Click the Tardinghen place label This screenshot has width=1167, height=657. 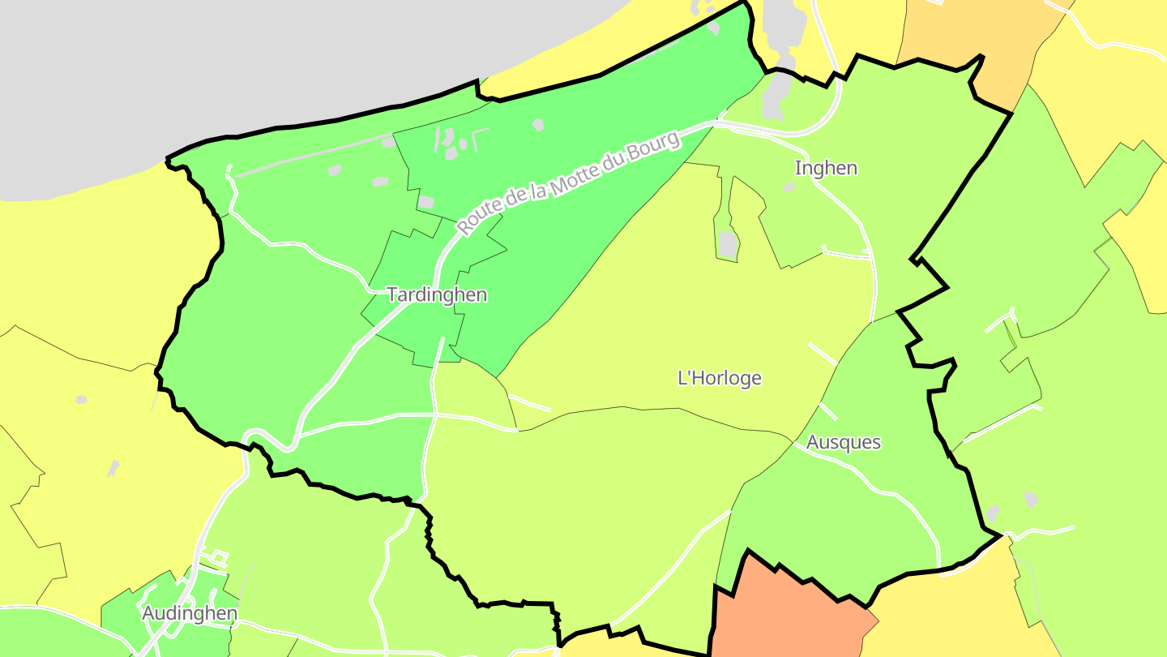438,294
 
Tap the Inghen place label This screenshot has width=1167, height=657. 826,169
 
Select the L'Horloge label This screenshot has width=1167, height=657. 719,378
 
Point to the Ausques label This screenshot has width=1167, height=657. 844,442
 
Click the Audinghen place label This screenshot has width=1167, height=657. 190,613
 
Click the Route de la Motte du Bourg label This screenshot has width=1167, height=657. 567,184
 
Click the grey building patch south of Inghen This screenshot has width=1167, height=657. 728,243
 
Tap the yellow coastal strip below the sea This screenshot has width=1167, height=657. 81,260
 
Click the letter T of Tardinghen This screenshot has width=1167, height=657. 392,294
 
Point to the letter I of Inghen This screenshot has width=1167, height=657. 797,169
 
